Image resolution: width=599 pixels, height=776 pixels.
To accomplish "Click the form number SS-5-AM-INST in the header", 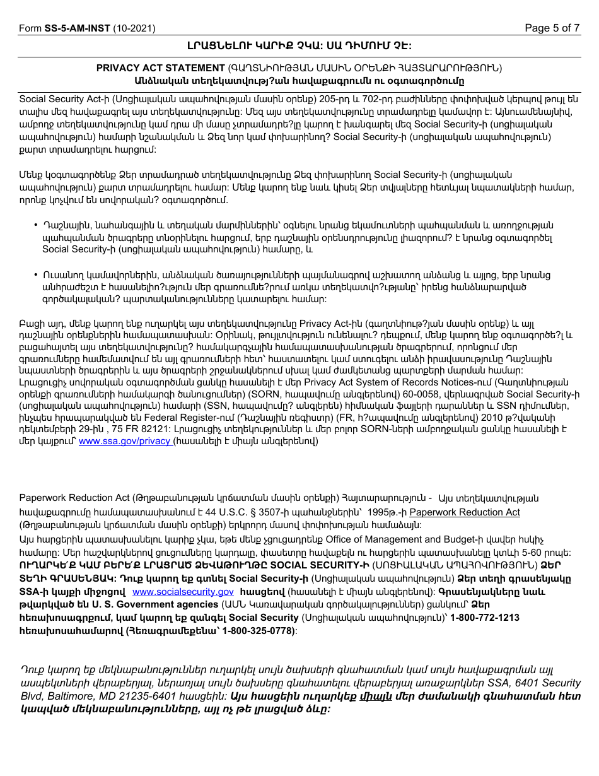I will click(x=77, y=28).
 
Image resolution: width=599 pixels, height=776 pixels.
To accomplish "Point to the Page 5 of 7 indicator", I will click(x=552, y=28).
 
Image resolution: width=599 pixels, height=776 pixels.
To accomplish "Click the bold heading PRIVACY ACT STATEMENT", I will click(x=160, y=68).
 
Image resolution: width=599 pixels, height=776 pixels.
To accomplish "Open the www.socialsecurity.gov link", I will click(x=183, y=592).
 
